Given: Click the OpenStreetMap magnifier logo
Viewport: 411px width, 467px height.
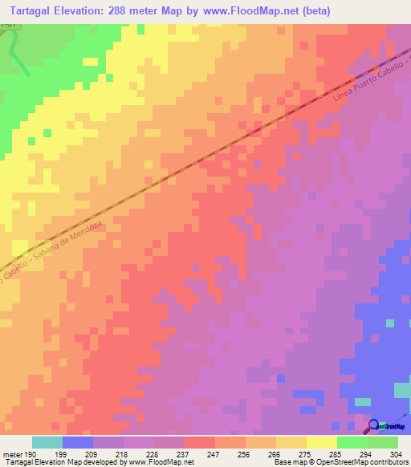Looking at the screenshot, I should (375, 424).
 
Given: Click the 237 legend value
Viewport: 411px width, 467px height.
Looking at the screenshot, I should (184, 453).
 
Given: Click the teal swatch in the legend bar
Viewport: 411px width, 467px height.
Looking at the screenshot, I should (47, 442).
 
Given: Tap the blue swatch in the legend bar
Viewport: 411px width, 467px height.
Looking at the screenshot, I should (78, 442).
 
